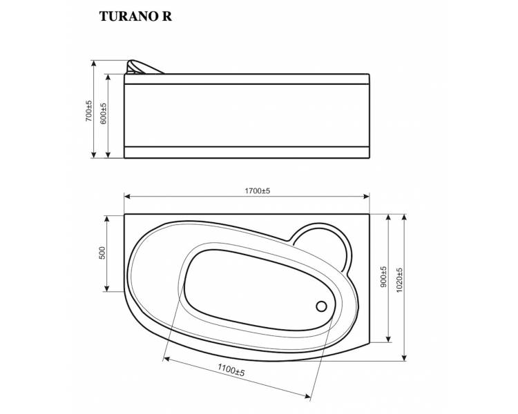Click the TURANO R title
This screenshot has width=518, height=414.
135,16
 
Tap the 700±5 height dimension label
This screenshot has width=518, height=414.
89,110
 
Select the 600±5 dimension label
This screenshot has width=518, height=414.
103,113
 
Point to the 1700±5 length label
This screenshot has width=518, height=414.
258,191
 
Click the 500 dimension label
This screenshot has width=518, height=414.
102,253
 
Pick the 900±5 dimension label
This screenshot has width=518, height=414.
383,277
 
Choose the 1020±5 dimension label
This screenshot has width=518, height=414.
399,280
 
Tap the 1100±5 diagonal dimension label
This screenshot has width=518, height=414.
231,370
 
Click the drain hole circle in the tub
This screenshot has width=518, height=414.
321,306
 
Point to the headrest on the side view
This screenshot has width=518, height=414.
143,67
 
